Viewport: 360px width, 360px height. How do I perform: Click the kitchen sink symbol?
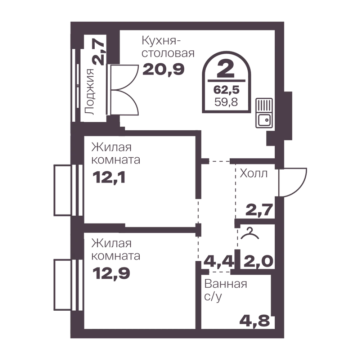coord(264,113)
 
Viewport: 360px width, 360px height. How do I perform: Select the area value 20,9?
coord(163,69)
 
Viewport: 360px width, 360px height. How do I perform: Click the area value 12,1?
coord(109,177)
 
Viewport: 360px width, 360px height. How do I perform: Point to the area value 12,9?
coord(111,273)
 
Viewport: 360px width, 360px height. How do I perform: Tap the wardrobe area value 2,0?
coord(258,261)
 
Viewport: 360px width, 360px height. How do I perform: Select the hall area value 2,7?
coord(259,210)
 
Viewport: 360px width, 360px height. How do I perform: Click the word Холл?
coord(254,174)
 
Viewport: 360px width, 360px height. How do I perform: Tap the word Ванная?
coord(226,284)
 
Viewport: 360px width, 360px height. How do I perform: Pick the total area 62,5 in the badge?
coord(226,90)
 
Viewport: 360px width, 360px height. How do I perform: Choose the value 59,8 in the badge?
coord(226,102)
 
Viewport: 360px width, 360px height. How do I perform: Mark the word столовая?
coord(168,53)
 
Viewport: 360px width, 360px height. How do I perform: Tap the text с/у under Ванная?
coord(213,297)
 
